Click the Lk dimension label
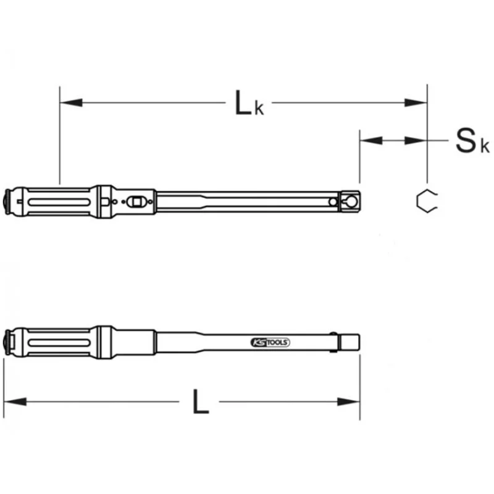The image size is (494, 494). tap(249, 103)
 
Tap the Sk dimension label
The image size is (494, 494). tap(472, 141)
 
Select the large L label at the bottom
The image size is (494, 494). tap(201, 401)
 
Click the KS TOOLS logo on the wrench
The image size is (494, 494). tap(270, 342)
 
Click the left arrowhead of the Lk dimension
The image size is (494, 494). tap(71, 103)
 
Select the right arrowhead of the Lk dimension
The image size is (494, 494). tap(416, 103)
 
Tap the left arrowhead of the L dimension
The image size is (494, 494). tap(15, 402)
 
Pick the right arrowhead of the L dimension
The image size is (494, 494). tap(348, 402)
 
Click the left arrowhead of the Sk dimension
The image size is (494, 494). tap(371, 141)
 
